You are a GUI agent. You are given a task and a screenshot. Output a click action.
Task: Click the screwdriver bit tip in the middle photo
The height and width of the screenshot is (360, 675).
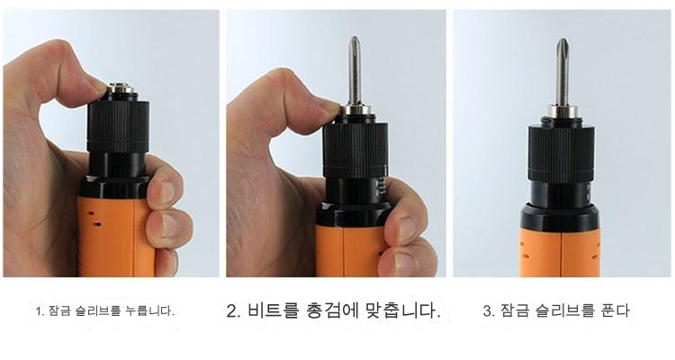point(355,38)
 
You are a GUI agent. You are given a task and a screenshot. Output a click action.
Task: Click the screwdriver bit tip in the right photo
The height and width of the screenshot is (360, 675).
point(562,40)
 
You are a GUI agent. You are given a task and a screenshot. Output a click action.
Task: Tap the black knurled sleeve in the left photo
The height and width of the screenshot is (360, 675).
point(118,126)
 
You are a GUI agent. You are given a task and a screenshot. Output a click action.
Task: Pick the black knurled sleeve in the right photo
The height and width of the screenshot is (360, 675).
point(562,153)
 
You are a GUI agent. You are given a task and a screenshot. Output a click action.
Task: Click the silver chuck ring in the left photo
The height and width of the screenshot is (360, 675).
point(120,88)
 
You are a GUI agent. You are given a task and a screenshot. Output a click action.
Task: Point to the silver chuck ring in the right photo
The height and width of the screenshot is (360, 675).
point(562,112)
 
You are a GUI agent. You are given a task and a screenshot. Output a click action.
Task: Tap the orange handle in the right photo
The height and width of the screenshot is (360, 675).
point(560,252)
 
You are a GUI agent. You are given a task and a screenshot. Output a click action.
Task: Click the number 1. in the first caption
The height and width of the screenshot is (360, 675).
point(40,311)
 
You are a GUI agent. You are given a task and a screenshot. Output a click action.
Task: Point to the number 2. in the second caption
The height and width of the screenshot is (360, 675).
point(235,310)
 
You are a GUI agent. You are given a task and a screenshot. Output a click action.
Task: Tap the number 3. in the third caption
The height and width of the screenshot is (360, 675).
point(489,310)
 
